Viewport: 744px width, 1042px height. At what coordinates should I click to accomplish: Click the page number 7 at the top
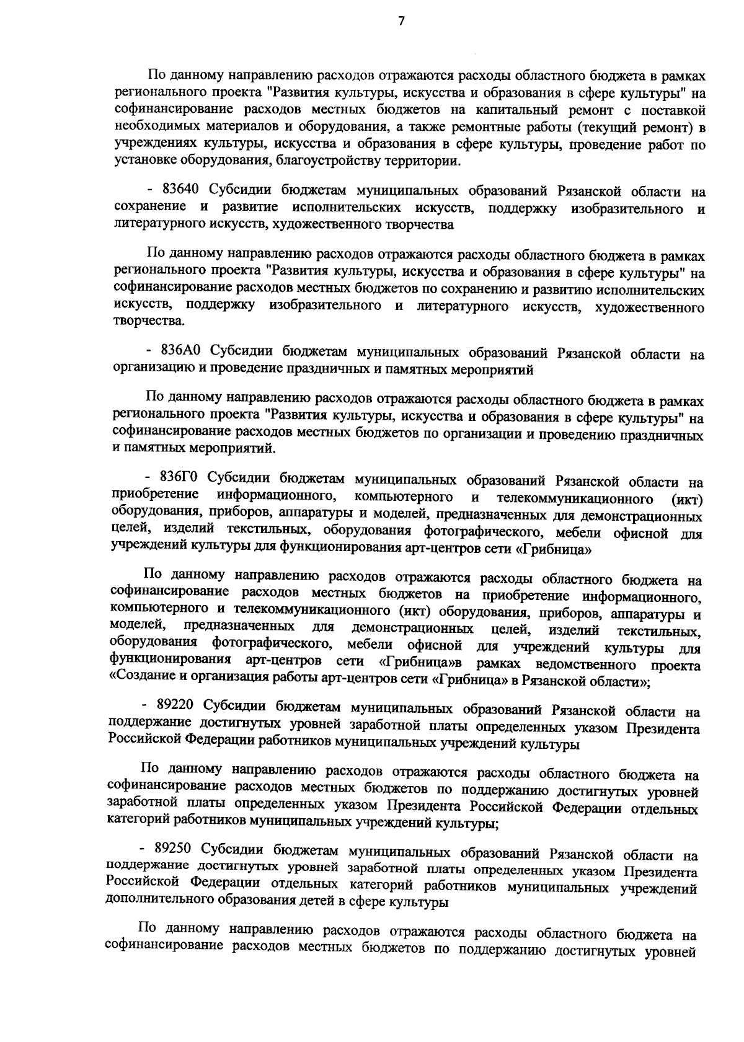pos(401,21)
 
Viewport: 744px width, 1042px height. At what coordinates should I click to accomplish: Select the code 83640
pos(180,190)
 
